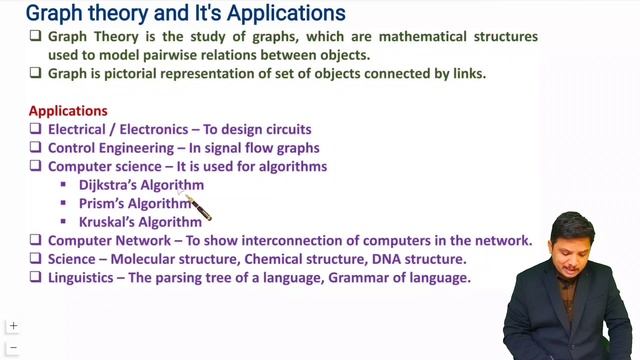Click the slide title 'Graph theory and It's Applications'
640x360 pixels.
tap(185, 14)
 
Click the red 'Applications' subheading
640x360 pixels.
tap(68, 111)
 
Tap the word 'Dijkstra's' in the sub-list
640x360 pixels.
tap(110, 185)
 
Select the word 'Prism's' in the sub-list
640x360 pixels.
tap(104, 204)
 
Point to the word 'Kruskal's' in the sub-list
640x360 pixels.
tap(108, 222)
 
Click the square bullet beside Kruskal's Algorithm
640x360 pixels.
tap(63, 222)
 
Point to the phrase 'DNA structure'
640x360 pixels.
tap(420, 259)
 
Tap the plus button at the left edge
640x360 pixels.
tap(13, 326)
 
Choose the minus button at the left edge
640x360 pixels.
tap(13, 348)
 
